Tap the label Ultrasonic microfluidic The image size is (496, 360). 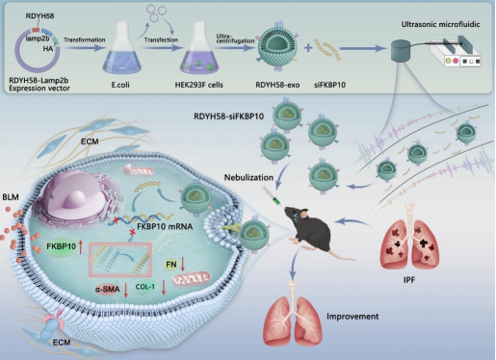[x=440, y=24]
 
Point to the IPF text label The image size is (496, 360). [x=409, y=280]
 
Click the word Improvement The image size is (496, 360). [x=352, y=317]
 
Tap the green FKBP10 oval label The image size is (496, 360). [x=62, y=246]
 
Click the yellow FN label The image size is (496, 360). [x=171, y=265]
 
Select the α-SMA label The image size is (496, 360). [x=107, y=290]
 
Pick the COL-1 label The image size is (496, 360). [x=144, y=287]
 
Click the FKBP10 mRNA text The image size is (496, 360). [x=165, y=226]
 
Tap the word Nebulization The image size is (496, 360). [x=248, y=177]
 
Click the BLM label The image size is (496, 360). [x=11, y=197]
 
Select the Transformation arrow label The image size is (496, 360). [x=85, y=39]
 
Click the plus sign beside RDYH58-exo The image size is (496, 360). [x=308, y=48]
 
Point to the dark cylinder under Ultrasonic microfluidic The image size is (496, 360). [x=402, y=50]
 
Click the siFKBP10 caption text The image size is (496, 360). [x=329, y=85]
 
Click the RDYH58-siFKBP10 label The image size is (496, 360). [x=229, y=116]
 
